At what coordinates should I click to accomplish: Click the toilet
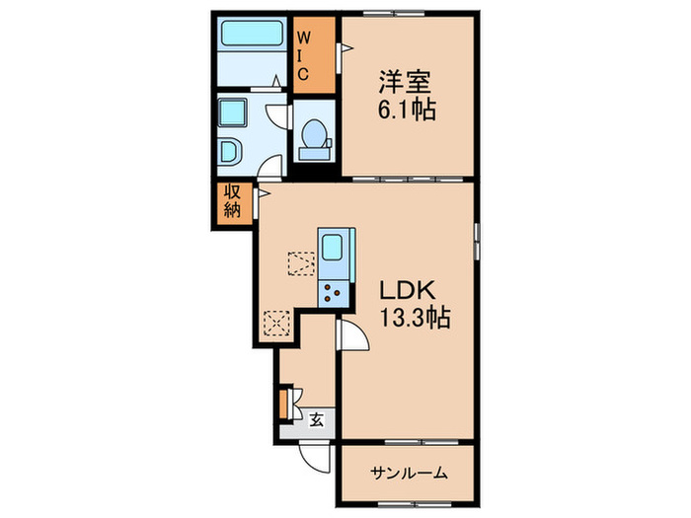(x=315, y=137)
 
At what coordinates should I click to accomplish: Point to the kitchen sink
(x=331, y=247)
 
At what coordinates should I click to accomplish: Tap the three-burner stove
(x=331, y=289)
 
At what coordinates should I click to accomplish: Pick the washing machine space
(x=235, y=114)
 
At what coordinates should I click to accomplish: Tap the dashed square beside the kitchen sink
(x=299, y=263)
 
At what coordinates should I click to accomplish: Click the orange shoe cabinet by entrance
(x=283, y=403)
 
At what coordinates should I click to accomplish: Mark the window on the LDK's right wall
(x=478, y=240)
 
